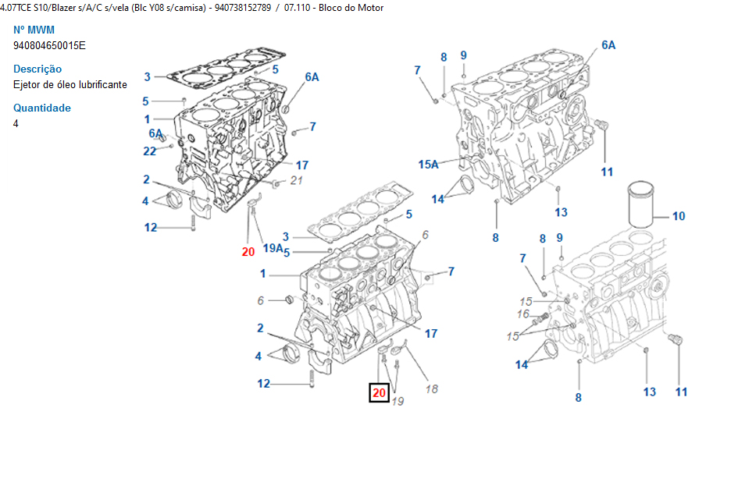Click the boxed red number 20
379,393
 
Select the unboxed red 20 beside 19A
248,251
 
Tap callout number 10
679,215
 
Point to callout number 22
150,151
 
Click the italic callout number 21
295,181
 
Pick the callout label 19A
273,248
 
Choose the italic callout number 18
431,388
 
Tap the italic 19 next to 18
398,401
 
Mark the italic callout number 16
523,314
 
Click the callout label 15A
429,164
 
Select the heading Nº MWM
34,30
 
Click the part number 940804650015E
49,45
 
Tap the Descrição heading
37,69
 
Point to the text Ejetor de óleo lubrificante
70,84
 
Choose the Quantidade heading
42,108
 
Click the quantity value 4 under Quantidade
16,123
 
